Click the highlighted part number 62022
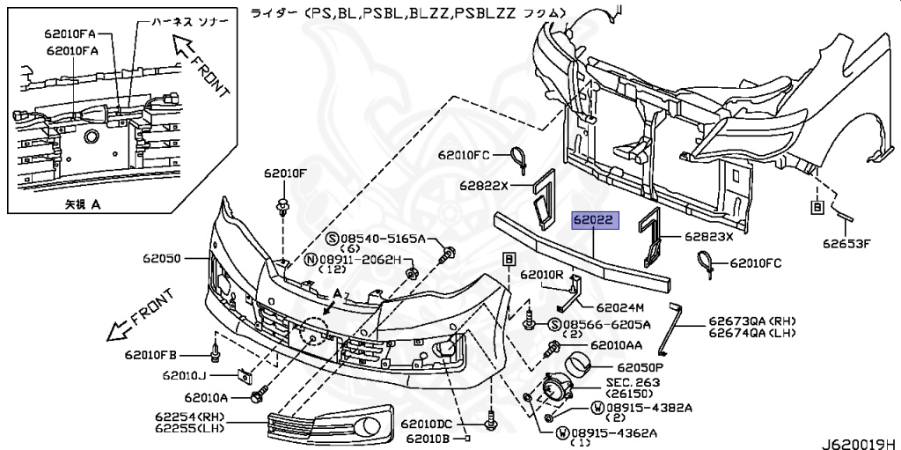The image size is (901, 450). point(595,220)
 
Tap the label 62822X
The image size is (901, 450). point(484,185)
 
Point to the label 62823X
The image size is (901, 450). point(708,236)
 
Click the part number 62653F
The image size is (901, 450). point(846,244)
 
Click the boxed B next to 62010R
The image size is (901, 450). point(509,259)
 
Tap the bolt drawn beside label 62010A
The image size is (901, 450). point(257,396)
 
